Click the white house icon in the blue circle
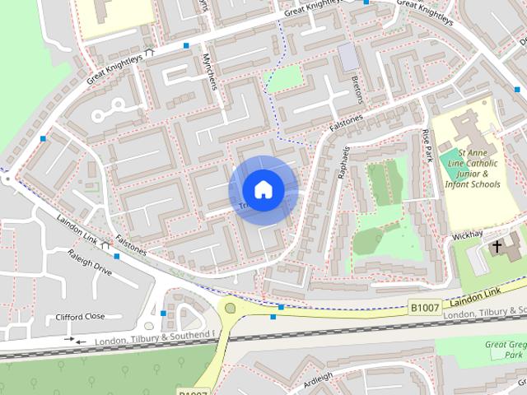(263, 189)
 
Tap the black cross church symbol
(497, 245)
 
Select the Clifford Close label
(81, 317)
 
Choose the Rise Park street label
(427, 146)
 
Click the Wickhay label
(466, 235)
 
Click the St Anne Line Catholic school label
(478, 168)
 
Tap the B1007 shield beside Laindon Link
(425, 307)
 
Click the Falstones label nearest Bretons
(346, 126)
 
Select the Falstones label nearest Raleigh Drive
(132, 244)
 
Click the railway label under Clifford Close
(153, 338)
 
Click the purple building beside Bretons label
(348, 57)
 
